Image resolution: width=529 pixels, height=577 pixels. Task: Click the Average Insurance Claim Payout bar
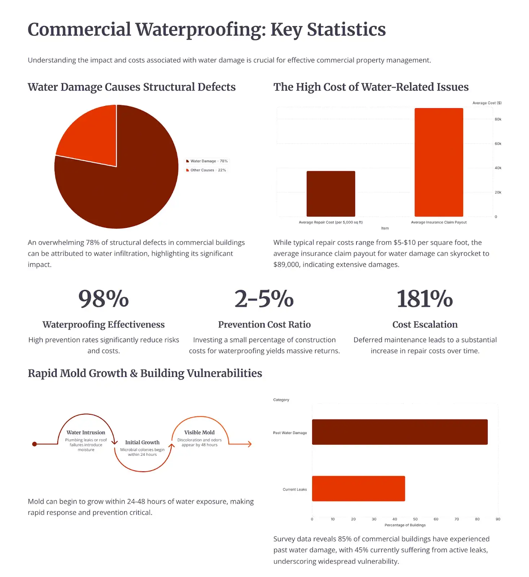tap(438, 162)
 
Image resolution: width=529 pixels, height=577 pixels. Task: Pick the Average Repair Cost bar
tap(331, 194)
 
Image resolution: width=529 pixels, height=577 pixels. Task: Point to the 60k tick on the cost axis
tap(498, 144)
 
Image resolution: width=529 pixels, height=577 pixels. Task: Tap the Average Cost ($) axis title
tap(487, 103)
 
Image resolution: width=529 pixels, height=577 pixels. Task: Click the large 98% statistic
tap(104, 299)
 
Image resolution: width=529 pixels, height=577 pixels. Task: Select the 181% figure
tap(424, 299)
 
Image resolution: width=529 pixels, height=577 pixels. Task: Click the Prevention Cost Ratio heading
tap(264, 325)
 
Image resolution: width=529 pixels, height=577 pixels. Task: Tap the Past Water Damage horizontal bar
tap(399, 432)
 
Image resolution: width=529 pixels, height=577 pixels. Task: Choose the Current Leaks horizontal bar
tap(358, 489)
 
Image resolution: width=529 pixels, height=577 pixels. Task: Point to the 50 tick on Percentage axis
tap(415, 519)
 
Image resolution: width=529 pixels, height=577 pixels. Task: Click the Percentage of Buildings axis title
tap(405, 525)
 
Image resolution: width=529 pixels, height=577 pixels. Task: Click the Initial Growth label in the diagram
tap(142, 442)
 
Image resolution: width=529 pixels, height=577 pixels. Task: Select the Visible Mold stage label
tap(199, 432)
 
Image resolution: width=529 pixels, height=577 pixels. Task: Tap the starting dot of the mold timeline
tap(35, 444)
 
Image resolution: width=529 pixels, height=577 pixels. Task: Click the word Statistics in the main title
tap(346, 30)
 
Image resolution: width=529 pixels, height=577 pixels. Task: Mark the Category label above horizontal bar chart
tap(281, 400)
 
